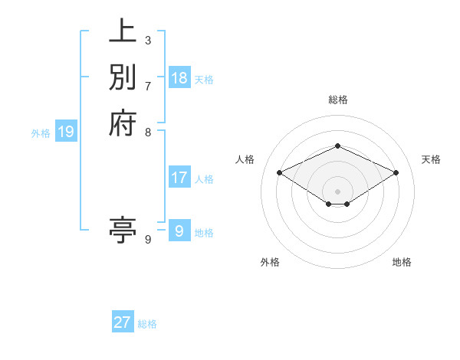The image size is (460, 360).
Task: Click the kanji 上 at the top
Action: coord(123,34)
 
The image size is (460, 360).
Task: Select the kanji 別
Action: coord(123,77)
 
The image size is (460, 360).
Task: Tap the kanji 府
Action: coord(123,122)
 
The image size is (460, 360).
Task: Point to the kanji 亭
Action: coord(123,230)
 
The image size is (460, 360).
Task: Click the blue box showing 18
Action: coord(179,78)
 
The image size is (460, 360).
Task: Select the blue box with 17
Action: coord(179,178)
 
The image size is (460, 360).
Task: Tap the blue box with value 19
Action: coord(66,133)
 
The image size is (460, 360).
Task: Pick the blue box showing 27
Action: coord(123,322)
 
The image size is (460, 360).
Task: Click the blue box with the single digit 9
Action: coord(179,231)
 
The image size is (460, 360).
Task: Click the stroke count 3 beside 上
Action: coord(148,40)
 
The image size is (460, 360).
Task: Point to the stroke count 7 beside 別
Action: coord(148,85)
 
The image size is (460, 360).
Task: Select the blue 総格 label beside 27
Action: coord(147,324)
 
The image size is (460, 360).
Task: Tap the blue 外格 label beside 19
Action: coord(41,133)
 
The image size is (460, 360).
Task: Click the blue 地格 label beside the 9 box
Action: coord(204,232)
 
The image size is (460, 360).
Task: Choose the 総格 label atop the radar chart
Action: coord(337,100)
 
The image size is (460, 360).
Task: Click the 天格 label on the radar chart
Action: coord(431,159)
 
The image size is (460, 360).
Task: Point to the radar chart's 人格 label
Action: coord(245,159)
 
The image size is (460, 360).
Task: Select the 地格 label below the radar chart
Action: coord(402,262)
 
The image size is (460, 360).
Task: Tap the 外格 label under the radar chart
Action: coord(270,262)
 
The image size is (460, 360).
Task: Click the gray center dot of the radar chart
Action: coord(337,190)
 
